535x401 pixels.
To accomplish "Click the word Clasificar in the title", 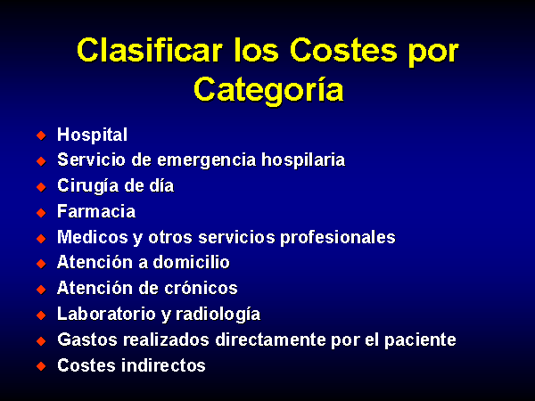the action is (x=150, y=50).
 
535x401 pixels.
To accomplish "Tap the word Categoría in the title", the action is (x=268, y=90).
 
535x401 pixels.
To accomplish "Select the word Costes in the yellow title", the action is (x=343, y=50).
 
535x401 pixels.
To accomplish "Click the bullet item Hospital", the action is (x=92, y=135).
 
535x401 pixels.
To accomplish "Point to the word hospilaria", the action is (x=303, y=160).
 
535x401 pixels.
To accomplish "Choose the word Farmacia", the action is (x=96, y=211).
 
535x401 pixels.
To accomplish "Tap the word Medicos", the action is (x=93, y=237).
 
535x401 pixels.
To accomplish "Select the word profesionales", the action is (x=338, y=237).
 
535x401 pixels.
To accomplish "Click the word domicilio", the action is (x=191, y=262).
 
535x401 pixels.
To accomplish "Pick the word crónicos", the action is (x=201, y=288).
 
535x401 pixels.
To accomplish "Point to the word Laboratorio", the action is (x=106, y=314).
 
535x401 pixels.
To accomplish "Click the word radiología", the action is (x=218, y=314).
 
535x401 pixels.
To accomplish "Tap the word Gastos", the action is (x=87, y=340).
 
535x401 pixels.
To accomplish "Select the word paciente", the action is (x=420, y=340).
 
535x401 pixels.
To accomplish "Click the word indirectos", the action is (x=163, y=365).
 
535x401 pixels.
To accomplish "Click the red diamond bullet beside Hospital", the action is (x=41, y=135).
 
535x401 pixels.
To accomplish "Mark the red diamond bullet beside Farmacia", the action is (x=41, y=212).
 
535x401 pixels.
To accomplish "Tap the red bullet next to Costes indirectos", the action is (x=41, y=366).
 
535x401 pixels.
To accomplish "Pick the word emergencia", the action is (x=207, y=160).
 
